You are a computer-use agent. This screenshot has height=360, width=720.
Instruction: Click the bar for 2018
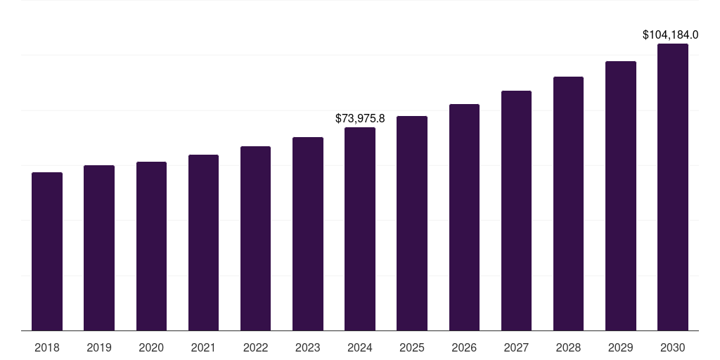(x=47, y=251)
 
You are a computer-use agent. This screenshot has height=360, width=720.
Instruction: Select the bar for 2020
(x=151, y=246)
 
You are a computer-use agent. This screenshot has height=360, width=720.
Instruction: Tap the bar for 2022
(x=255, y=238)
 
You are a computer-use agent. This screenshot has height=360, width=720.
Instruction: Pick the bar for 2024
(x=360, y=229)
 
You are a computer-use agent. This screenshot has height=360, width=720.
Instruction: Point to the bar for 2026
(x=464, y=217)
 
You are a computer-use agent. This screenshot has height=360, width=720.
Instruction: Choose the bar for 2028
(x=568, y=203)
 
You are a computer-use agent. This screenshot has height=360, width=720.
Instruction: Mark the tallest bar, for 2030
(x=673, y=187)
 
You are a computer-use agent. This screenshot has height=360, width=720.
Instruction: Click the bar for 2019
(x=99, y=247)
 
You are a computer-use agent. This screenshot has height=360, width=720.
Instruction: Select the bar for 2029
(x=621, y=195)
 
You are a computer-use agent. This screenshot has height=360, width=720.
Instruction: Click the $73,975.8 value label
(x=360, y=118)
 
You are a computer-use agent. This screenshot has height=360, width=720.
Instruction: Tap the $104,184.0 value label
(x=670, y=34)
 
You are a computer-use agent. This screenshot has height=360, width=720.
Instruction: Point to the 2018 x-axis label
(x=47, y=347)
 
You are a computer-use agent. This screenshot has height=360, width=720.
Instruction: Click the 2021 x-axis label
(x=203, y=347)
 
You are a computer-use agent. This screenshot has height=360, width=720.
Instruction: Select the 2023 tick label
(x=308, y=347)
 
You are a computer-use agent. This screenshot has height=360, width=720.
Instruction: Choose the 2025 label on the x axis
(x=412, y=347)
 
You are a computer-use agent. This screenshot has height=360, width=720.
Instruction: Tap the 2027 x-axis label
(x=516, y=347)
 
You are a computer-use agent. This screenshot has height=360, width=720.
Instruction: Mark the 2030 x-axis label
(x=673, y=347)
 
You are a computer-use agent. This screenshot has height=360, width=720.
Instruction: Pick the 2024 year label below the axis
(x=360, y=347)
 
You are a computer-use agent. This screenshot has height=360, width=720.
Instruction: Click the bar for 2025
(x=412, y=223)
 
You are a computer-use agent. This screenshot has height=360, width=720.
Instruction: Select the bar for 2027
(x=516, y=210)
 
